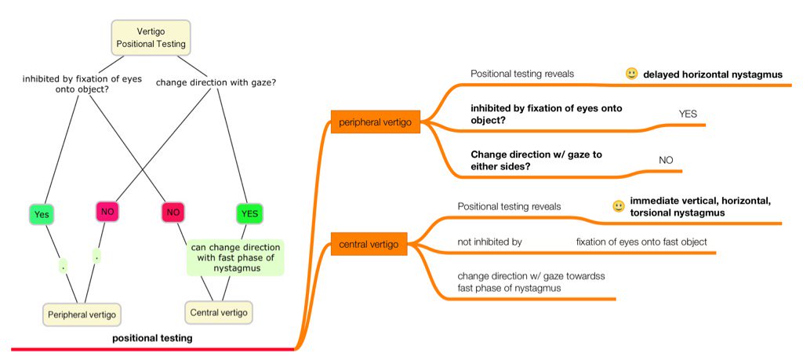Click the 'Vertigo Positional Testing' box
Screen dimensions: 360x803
coord(151,38)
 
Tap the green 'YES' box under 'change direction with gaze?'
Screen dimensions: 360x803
coord(249,213)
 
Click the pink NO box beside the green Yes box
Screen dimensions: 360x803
coord(107,213)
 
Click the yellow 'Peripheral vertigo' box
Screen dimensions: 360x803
coord(81,315)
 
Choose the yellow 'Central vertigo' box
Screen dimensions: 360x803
coord(219,312)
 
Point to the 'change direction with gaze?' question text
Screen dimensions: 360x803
coord(216,80)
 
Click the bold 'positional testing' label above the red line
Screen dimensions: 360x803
coord(152,338)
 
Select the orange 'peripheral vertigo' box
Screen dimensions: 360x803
coord(376,122)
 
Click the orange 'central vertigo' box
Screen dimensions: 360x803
coord(369,245)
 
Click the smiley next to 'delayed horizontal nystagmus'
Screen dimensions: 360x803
coord(631,74)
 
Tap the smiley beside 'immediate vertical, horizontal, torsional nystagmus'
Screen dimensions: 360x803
coord(618,207)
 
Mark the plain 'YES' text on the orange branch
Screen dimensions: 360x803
coord(687,114)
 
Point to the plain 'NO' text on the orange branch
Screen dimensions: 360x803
coord(666,159)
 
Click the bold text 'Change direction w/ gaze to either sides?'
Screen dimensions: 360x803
coord(536,161)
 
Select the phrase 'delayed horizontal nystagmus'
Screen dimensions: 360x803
coord(713,75)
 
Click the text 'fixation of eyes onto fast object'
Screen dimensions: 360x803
coord(641,242)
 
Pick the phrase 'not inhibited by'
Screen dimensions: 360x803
coord(489,242)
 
